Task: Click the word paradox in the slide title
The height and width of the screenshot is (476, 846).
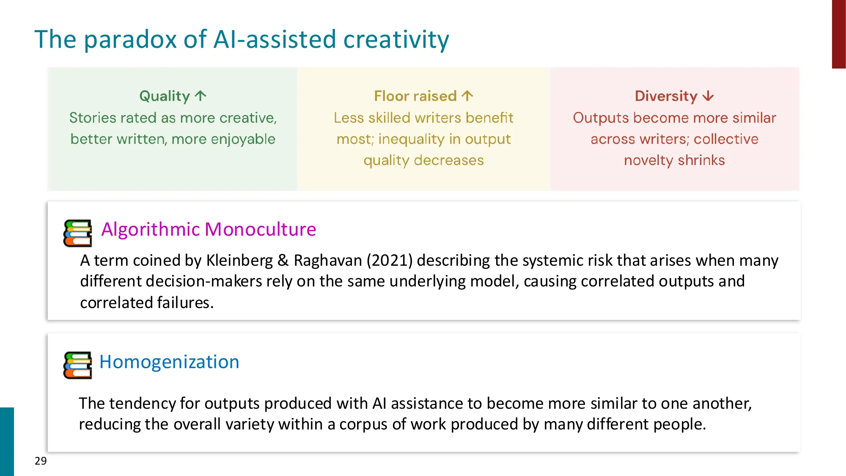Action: pyautogui.click(x=131, y=40)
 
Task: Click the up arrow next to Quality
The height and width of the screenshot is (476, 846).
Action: pyautogui.click(x=201, y=96)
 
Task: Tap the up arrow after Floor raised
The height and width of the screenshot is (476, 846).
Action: pyautogui.click(x=467, y=96)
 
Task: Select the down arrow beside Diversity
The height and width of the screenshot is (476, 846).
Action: pyautogui.click(x=708, y=96)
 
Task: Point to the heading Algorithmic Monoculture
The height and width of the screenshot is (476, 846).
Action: pyautogui.click(x=209, y=229)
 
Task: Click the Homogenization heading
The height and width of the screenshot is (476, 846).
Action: pyautogui.click(x=169, y=362)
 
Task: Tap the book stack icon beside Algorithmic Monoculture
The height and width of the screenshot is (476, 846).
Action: pyautogui.click(x=77, y=233)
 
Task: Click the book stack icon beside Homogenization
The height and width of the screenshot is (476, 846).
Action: pyautogui.click(x=77, y=365)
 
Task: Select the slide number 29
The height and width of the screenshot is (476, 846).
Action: pyautogui.click(x=41, y=461)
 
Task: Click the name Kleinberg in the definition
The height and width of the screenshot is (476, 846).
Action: pyautogui.click(x=239, y=260)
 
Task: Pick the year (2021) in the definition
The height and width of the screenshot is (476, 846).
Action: pyautogui.click(x=389, y=260)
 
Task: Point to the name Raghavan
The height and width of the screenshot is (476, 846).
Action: pyautogui.click(x=328, y=260)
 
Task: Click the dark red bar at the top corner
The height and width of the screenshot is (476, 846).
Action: pyautogui.click(x=839, y=34)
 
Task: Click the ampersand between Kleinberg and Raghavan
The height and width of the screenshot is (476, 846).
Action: pyautogui.click(x=283, y=260)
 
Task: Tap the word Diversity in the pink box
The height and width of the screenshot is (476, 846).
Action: pyautogui.click(x=666, y=96)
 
